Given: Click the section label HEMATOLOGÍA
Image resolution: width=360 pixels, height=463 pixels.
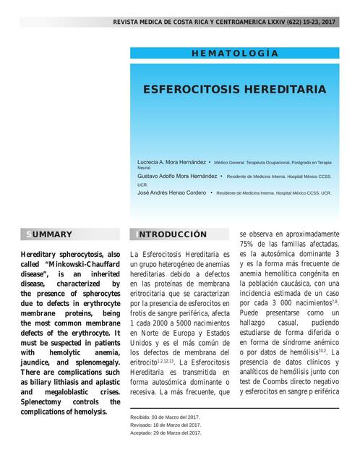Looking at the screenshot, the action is click(234, 54).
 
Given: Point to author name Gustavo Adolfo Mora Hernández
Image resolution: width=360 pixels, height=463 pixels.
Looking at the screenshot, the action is click(176, 176).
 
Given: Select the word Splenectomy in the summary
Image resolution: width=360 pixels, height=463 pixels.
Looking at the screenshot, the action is click(45, 400).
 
